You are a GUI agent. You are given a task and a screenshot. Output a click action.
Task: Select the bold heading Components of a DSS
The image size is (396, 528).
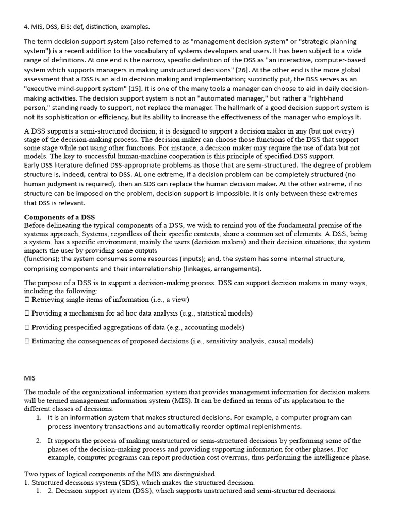[x=60, y=217]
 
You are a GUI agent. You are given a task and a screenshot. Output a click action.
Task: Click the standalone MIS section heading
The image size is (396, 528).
[x=30, y=378]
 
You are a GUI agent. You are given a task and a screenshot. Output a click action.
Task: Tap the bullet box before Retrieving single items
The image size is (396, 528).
[x=27, y=299]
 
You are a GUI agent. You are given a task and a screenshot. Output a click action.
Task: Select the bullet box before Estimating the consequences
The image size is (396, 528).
[x=27, y=341]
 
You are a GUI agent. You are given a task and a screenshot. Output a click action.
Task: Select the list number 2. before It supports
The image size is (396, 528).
[x=39, y=441]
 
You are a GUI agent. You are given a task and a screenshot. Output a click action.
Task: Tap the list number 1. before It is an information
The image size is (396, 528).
[x=39, y=417]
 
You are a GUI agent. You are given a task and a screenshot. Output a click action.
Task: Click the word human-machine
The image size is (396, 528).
[x=140, y=156]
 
